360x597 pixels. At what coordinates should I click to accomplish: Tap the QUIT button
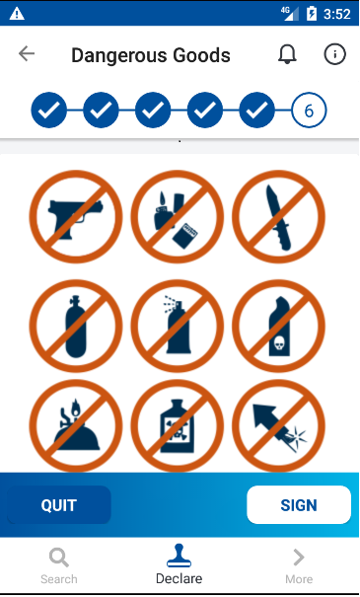click(x=59, y=505)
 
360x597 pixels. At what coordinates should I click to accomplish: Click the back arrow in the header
click(x=27, y=53)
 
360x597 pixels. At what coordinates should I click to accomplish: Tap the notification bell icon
click(x=287, y=54)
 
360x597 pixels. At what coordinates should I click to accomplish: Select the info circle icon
click(x=335, y=54)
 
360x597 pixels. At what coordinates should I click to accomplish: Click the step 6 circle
click(x=309, y=111)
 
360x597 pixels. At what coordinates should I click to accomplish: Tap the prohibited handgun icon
click(x=76, y=217)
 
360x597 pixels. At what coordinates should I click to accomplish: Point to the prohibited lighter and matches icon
click(x=178, y=217)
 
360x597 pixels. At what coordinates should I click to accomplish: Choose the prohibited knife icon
click(x=278, y=217)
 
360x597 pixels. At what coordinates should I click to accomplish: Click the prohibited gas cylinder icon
click(x=76, y=327)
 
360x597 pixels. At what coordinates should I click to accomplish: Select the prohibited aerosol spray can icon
click(x=178, y=327)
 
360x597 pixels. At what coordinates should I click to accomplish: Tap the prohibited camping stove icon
click(x=76, y=426)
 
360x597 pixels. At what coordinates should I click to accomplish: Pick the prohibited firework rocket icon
click(x=278, y=426)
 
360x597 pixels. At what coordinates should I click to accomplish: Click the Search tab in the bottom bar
click(x=59, y=565)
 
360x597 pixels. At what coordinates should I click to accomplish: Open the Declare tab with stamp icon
click(x=179, y=564)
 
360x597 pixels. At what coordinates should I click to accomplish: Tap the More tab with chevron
click(x=299, y=565)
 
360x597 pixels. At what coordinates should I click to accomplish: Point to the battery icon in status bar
click(x=312, y=14)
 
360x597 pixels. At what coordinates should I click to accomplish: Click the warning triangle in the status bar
click(x=17, y=14)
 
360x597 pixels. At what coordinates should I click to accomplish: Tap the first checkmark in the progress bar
click(x=48, y=111)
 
